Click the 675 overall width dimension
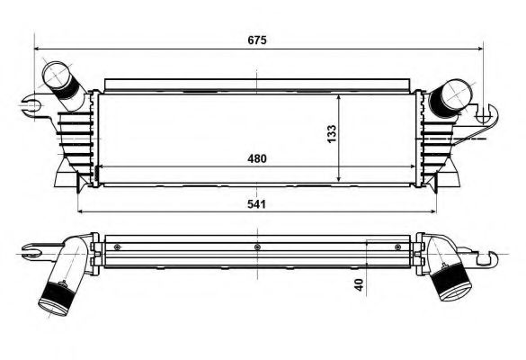pyautogui.click(x=258, y=40)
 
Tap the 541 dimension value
pyautogui.click(x=258, y=203)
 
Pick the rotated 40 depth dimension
pyautogui.click(x=360, y=286)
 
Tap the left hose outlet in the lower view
pyautogui.click(x=56, y=298)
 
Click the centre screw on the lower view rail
pyautogui.click(x=257, y=246)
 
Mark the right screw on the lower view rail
pyautogui.click(x=397, y=246)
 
